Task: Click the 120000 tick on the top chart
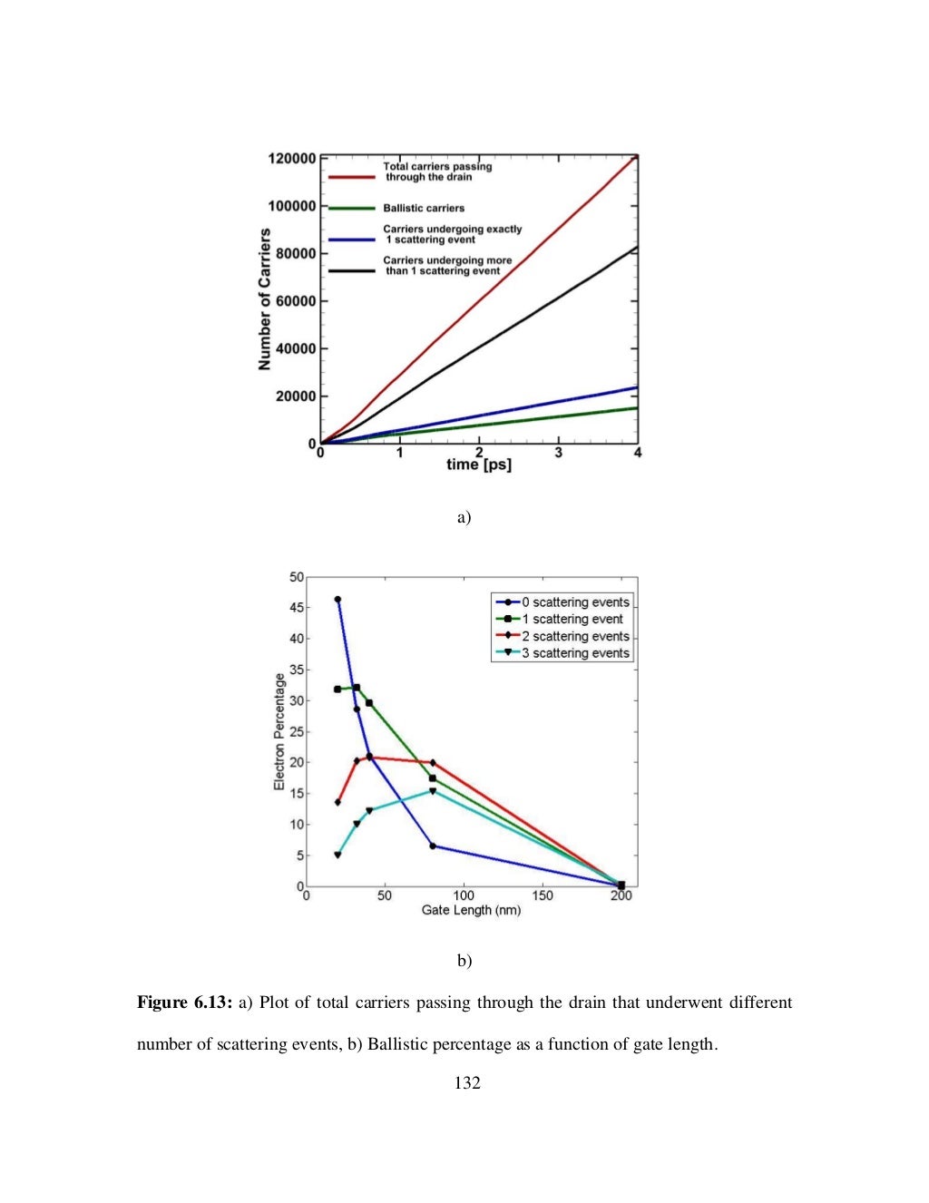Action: [292, 158]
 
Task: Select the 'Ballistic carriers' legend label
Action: [424, 208]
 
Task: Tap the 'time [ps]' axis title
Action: [479, 465]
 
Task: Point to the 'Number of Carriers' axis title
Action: [265, 299]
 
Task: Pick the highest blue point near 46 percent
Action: [337, 600]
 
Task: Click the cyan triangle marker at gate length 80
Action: [433, 791]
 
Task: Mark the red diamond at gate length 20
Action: [337, 802]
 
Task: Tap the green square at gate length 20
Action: [337, 690]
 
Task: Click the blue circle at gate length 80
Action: [433, 846]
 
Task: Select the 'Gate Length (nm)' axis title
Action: [471, 910]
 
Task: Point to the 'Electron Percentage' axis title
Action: [279, 731]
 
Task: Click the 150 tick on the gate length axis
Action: [543, 896]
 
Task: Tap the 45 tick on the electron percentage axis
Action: [297, 608]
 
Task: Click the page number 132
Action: [467, 1082]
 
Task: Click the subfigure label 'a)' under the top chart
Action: [464, 517]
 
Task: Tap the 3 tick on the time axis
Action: [559, 453]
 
